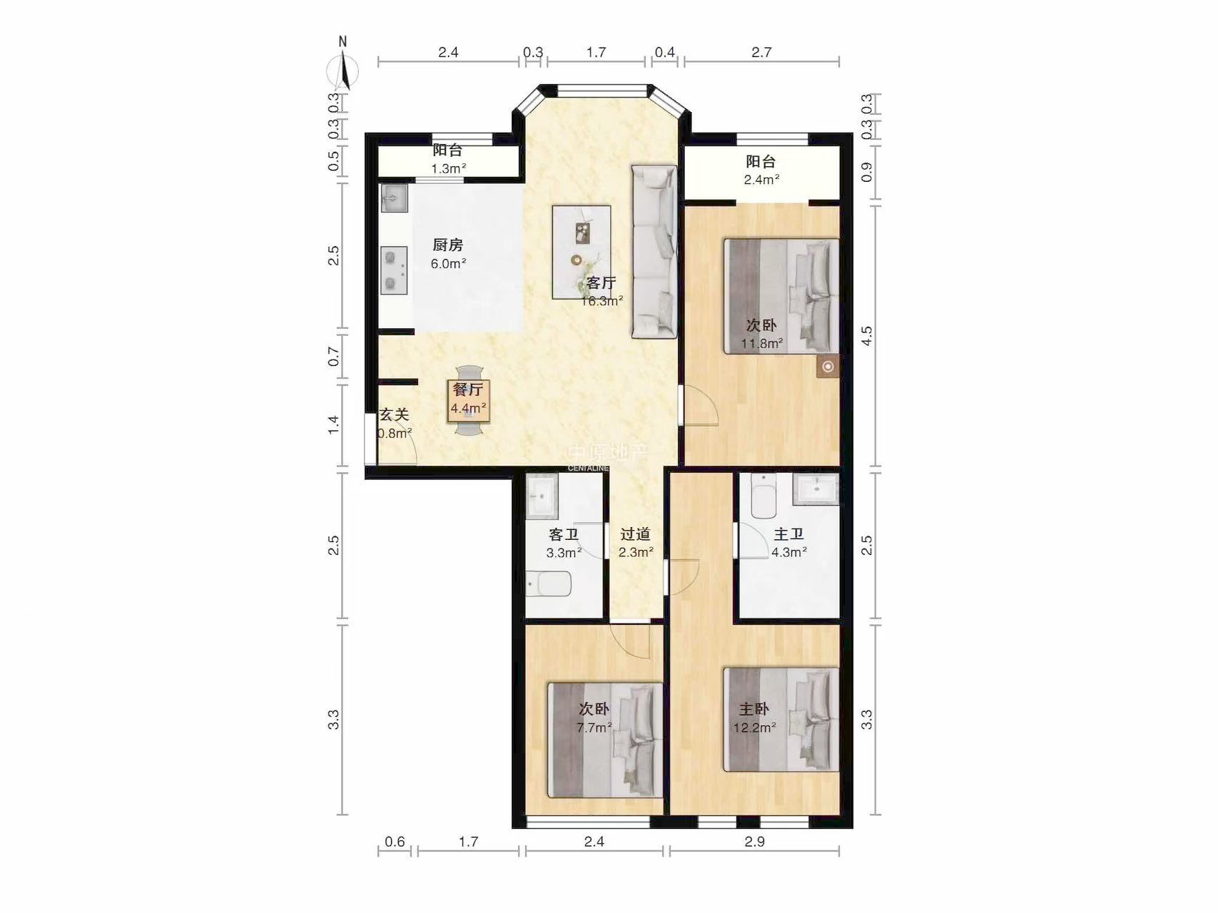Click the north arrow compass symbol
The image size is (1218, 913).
[x=343, y=66]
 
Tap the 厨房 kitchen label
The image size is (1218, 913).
[x=448, y=245]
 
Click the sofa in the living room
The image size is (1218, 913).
[x=654, y=252]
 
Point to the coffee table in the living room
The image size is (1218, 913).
[x=582, y=252]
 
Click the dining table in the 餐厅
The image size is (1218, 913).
[x=469, y=400]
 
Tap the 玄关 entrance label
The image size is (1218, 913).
[x=394, y=414]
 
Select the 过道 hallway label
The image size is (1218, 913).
[x=635, y=534]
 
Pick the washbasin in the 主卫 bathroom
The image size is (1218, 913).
[x=816, y=489]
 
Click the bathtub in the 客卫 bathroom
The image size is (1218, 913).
[x=549, y=583]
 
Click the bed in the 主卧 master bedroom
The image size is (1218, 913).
[x=781, y=720]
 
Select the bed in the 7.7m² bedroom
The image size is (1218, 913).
[x=606, y=740]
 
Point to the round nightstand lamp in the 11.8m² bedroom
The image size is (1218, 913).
[x=828, y=367]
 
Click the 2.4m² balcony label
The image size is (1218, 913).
[x=761, y=170]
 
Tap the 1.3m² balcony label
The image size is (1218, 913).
[x=448, y=159]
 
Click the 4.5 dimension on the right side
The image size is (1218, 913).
[x=867, y=336]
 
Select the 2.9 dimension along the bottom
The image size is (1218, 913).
[x=754, y=842]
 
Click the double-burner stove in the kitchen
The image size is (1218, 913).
[x=393, y=270]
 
